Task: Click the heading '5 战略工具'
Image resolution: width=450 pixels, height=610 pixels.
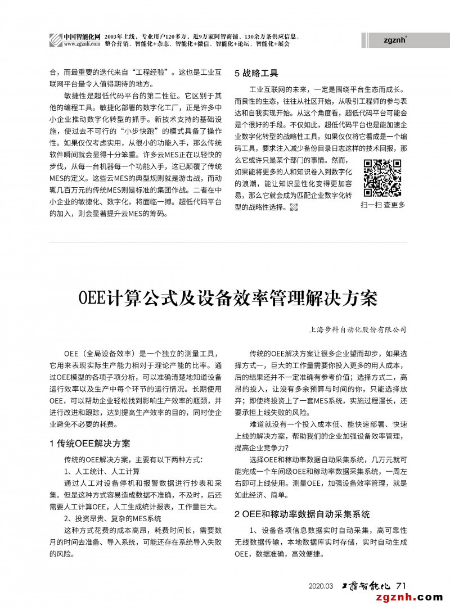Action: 256,73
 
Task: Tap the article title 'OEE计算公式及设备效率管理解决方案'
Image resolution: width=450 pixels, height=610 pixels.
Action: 228,298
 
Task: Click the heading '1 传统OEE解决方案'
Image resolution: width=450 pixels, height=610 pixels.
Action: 90,443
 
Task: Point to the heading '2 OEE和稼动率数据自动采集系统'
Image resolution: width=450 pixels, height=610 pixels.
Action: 302,514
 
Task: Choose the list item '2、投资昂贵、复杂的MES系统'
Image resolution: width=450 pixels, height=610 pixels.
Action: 112,518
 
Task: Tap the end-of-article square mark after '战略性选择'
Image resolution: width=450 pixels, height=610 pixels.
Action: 293,207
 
